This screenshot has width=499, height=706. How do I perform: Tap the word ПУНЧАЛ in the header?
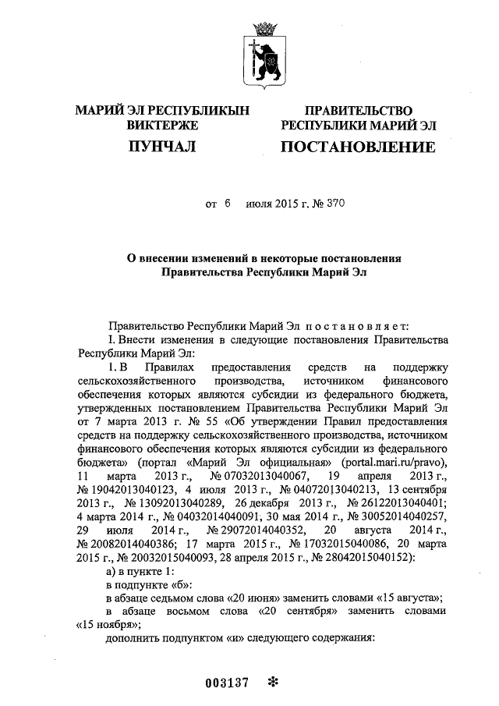click(x=162, y=146)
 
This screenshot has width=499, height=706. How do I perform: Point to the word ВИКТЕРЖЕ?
click(x=162, y=125)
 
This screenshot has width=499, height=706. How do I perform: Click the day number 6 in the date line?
click(x=228, y=205)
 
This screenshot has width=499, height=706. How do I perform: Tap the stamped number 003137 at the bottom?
click(x=227, y=683)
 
